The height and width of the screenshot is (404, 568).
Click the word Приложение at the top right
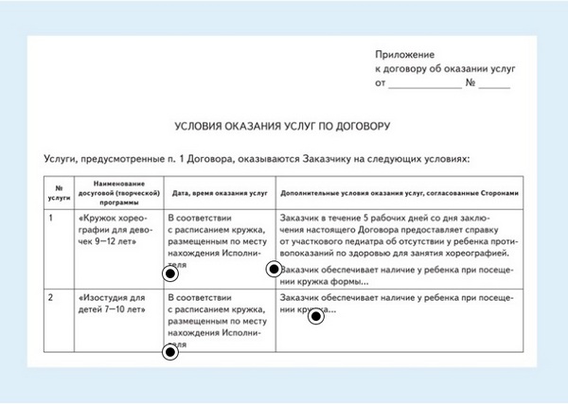[404, 56]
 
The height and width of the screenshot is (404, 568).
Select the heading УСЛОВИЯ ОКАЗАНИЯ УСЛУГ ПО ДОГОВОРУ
[283, 125]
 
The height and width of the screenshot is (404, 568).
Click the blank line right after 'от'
[424, 84]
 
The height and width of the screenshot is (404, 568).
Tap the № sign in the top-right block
[471, 84]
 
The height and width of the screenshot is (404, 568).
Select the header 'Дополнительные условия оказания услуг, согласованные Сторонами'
[400, 191]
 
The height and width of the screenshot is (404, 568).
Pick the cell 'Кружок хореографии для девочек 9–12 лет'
[112, 229]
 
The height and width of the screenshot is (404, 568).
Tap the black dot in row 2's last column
[316, 316]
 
